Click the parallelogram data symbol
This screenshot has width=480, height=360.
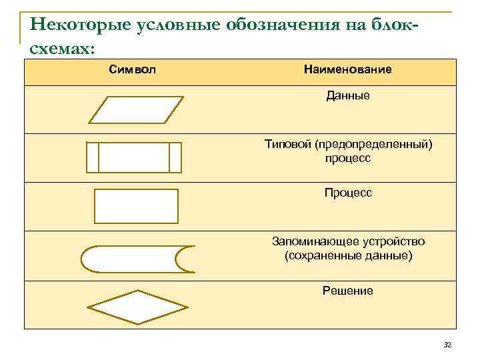[136, 110]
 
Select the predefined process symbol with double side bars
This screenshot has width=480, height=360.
[134, 157]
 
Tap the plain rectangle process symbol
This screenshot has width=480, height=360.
[137, 206]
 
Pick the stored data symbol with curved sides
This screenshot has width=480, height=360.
[137, 259]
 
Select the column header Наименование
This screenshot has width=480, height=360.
[347, 69]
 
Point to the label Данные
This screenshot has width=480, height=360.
[348, 96]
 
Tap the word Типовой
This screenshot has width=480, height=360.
[288, 145]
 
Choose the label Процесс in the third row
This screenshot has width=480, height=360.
[348, 193]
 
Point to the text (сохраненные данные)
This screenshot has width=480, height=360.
[348, 255]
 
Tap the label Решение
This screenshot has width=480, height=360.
[348, 291]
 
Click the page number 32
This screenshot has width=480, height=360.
[447, 345]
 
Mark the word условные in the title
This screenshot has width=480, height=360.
[177, 26]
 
